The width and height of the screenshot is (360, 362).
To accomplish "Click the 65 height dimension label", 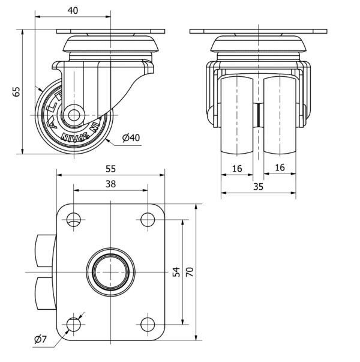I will click(x=16, y=92).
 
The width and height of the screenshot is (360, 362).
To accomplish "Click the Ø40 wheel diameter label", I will click(x=130, y=138).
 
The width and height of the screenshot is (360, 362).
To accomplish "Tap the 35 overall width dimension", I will click(x=258, y=186).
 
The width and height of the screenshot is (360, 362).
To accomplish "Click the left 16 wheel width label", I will click(x=237, y=169).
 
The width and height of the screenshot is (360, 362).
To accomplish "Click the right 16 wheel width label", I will click(x=280, y=169).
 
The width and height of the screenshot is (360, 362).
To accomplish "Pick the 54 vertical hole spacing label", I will click(x=176, y=272).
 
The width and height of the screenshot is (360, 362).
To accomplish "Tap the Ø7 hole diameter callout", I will click(x=40, y=340).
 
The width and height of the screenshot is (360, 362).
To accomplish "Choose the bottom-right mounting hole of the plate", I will click(x=147, y=325).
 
